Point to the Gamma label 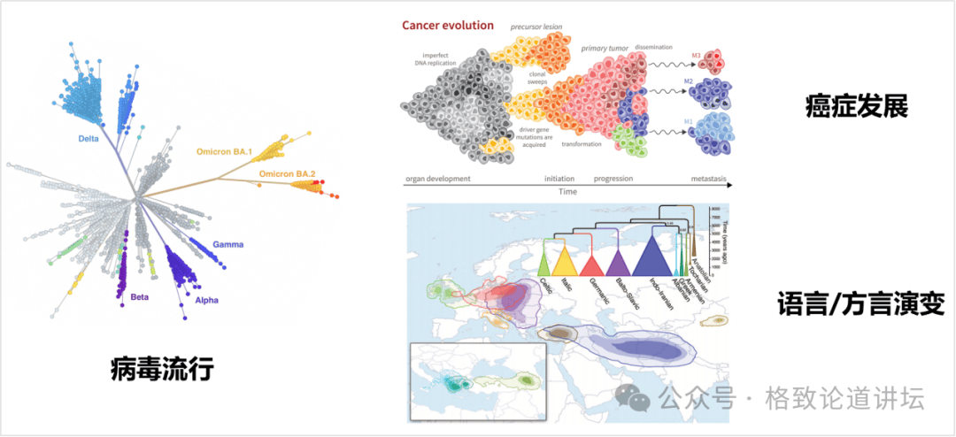(227, 244)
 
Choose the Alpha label (205, 301)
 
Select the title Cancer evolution (448, 26)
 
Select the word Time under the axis (567, 190)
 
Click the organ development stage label (437, 179)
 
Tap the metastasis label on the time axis (709, 179)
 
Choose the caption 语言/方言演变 (860, 304)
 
